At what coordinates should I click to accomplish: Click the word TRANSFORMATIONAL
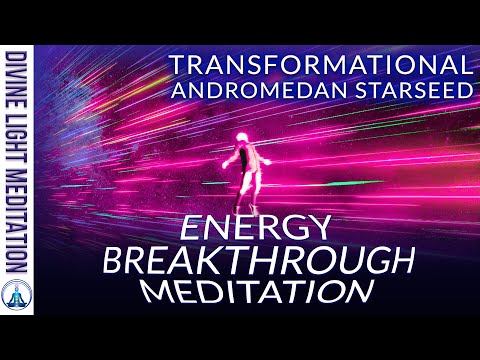point(319,64)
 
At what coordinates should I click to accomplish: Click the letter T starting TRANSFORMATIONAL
point(176,64)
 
